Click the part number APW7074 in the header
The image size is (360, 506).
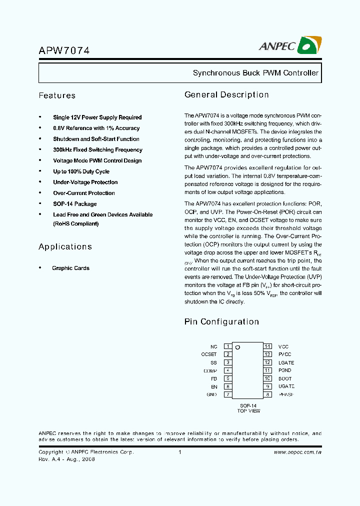pos(64,50)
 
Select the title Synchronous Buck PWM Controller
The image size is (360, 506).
pos(255,73)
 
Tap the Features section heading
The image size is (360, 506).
pos(57,95)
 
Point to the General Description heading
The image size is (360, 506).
pos(226,94)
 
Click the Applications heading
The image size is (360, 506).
pos(65,246)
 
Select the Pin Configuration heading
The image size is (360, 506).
pos(221,321)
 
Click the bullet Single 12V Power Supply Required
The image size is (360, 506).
pos(97,117)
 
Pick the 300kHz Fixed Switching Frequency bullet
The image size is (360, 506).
pos(97,150)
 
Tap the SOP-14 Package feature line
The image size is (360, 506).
pos(74,204)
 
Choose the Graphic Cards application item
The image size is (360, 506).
pos(70,268)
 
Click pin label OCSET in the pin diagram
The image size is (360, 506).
pos(209,354)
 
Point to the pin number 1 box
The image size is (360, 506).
pos(227,346)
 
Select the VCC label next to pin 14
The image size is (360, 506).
pos(283,346)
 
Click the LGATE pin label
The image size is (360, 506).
pos(286,362)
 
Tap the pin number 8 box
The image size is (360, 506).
pos(268,394)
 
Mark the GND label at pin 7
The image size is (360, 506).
pos(211,394)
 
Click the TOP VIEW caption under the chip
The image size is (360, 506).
pos(248,411)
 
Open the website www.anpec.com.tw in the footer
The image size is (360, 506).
pos(297,452)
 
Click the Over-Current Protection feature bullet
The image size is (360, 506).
pos(83,193)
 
